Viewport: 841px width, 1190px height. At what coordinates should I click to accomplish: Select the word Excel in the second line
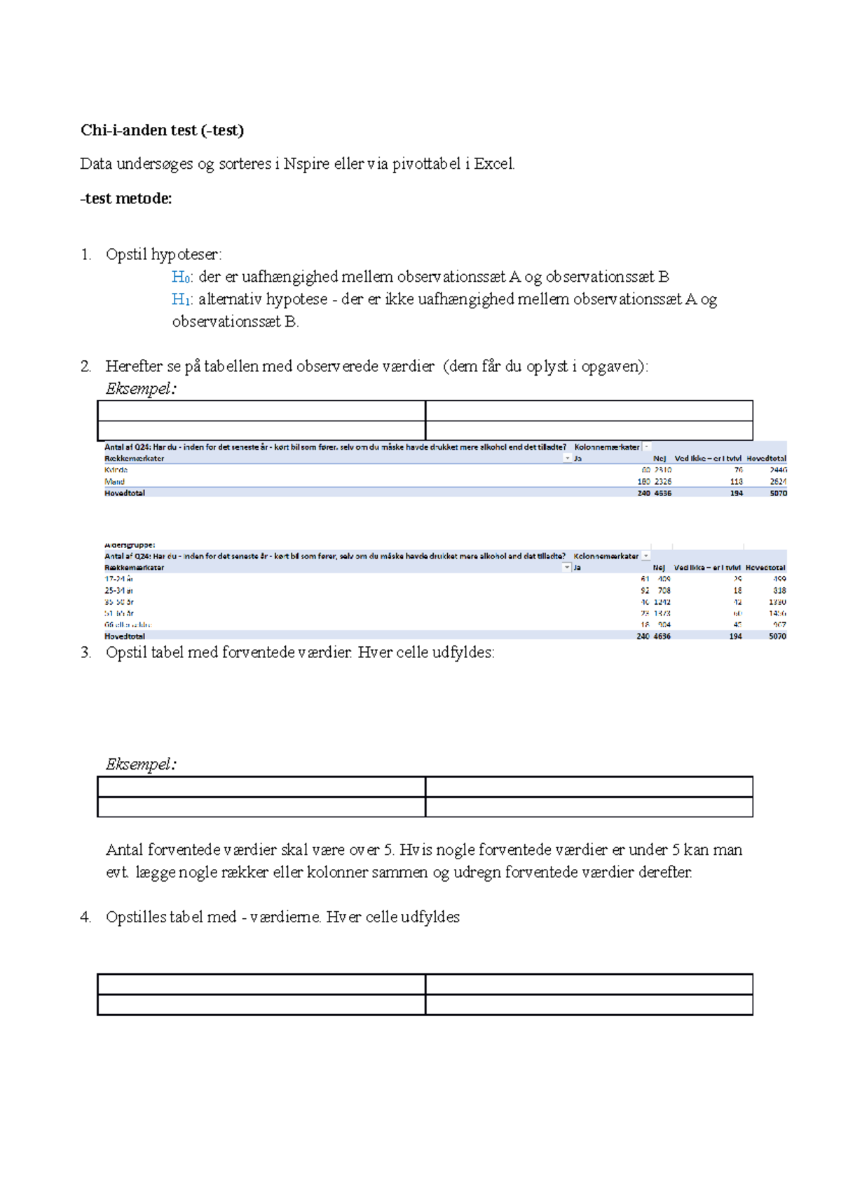coord(494,164)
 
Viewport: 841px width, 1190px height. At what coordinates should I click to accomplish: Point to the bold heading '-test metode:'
coord(126,198)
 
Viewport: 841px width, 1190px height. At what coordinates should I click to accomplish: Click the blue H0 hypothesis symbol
coord(182,277)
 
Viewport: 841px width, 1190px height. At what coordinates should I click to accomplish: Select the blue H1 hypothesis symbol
coord(182,299)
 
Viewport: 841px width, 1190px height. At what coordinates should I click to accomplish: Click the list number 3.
coord(86,652)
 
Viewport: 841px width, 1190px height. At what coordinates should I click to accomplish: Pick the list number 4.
coord(86,917)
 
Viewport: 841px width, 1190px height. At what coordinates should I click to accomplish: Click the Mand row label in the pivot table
coord(114,481)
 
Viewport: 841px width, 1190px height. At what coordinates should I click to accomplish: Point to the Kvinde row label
coord(116,470)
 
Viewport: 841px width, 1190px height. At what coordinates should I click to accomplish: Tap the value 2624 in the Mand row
coord(778,481)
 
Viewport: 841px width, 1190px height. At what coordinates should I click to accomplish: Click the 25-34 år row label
coord(119,591)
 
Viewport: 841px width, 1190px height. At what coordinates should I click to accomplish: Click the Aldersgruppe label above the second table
coord(130,545)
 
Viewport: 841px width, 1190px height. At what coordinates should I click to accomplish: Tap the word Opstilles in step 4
coord(136,917)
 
